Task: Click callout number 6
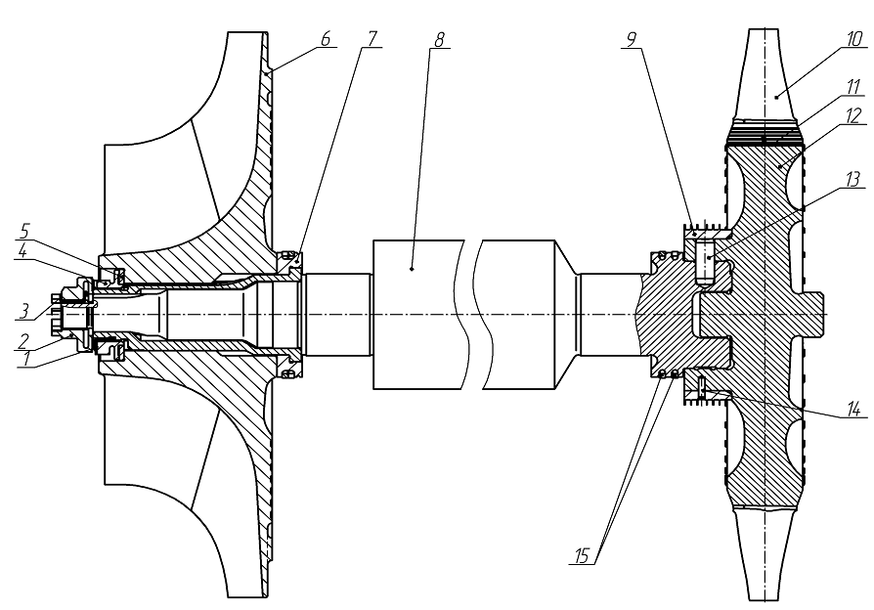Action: pos(326,38)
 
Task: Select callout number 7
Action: pos(371,38)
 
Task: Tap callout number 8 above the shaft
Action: pos(439,39)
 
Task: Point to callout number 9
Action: pos(631,39)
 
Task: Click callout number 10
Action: pos(852,39)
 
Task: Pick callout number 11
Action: pos(852,87)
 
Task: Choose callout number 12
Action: pos(853,115)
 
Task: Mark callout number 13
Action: pos(853,180)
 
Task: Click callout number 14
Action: pos(853,409)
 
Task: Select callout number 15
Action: pos(582,556)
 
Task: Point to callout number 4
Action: pos(22,250)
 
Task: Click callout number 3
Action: pos(22,310)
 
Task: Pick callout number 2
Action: pos(22,339)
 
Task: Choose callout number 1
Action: pos(24,359)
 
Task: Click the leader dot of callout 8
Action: pos(412,269)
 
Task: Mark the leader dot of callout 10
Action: pos(776,97)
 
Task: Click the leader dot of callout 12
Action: pos(780,166)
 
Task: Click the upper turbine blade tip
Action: pos(763,30)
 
